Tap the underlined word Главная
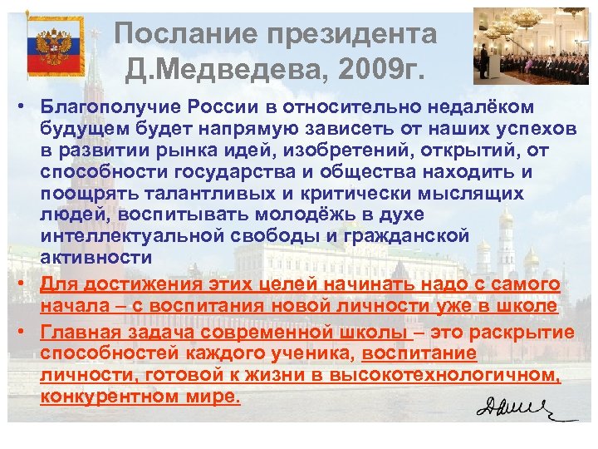click(x=80, y=333)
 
